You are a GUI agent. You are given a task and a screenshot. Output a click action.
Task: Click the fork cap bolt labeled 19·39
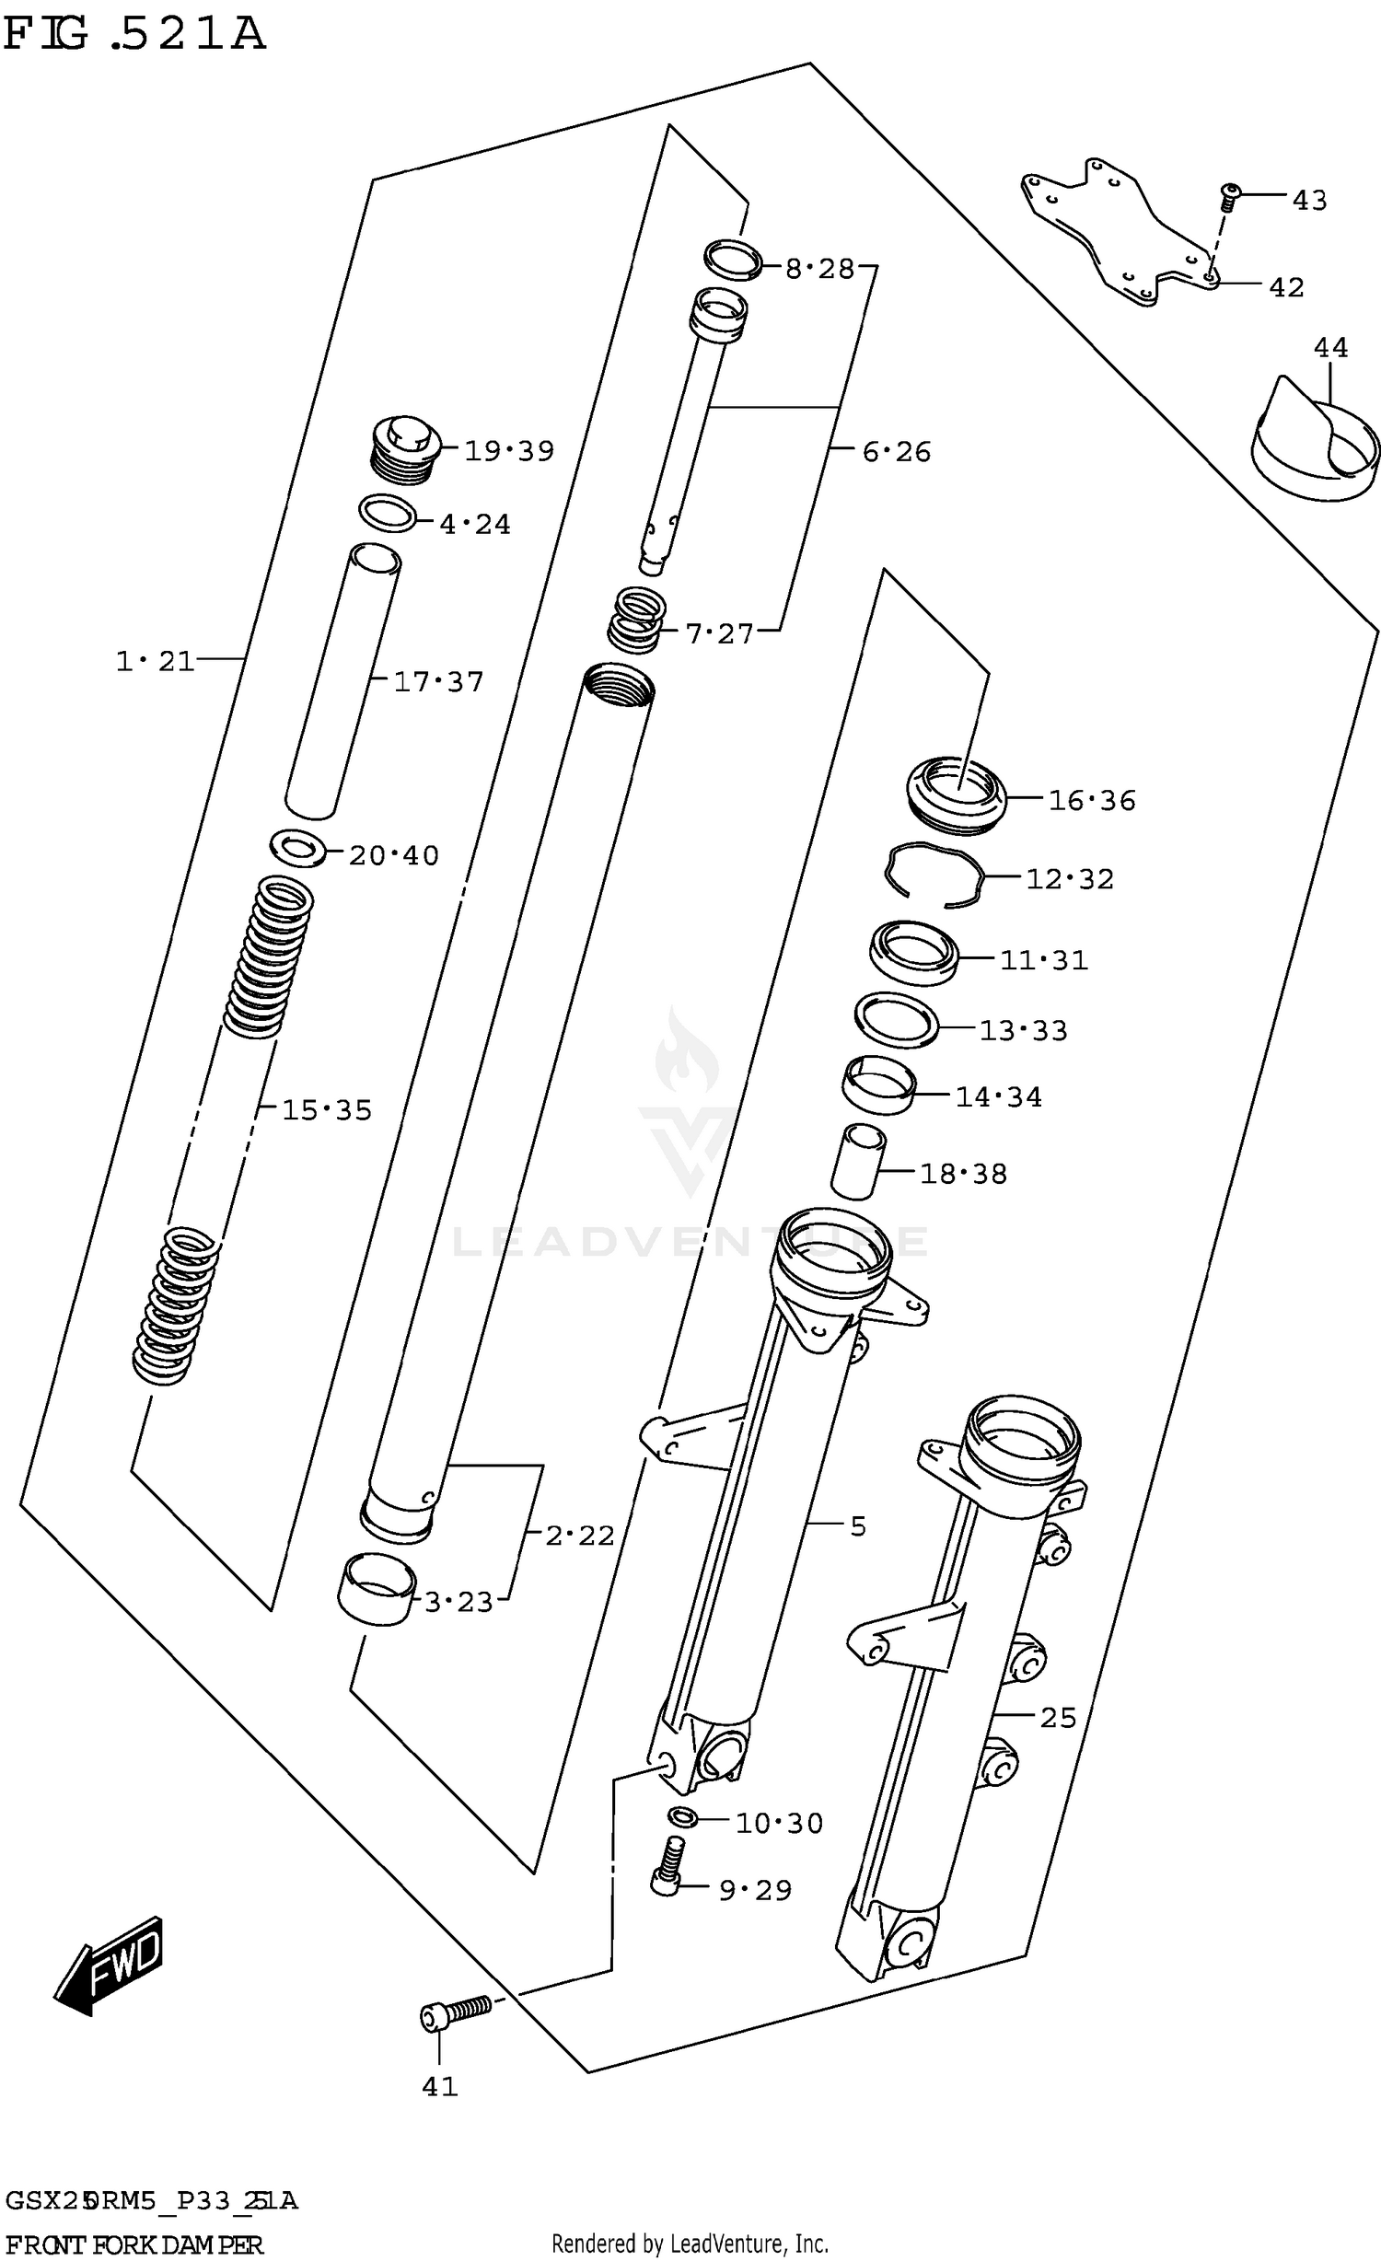[406, 448]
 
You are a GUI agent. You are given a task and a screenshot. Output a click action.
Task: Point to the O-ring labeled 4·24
[388, 513]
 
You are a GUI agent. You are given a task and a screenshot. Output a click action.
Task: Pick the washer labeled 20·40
[298, 847]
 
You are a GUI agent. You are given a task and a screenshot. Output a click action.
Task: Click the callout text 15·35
[326, 1109]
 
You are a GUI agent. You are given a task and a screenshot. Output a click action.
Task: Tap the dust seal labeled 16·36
[956, 794]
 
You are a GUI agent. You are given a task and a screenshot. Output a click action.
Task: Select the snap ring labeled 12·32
[934, 875]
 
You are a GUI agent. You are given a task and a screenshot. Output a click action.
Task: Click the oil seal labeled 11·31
[913, 953]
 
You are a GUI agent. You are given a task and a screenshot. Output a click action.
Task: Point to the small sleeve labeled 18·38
[857, 1162]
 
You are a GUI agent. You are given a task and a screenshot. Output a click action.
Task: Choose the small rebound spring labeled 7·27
[636, 619]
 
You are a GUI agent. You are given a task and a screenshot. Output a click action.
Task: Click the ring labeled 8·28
[733, 260]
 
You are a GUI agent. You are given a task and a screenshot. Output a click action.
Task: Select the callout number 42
[1286, 287]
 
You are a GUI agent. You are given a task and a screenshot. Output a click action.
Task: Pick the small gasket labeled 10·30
[682, 1816]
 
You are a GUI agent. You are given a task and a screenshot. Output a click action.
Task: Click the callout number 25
[1058, 1717]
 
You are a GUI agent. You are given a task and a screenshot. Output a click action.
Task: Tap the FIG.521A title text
[134, 35]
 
